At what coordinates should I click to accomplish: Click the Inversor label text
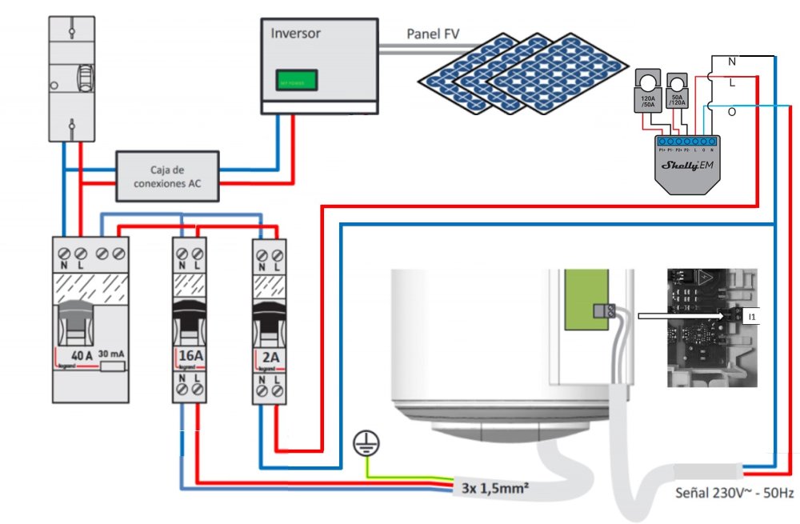[296, 34]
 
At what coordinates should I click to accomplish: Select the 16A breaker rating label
[190, 356]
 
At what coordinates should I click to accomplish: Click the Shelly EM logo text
[680, 166]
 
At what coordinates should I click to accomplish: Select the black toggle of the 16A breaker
[190, 316]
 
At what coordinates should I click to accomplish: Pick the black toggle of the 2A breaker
[268, 316]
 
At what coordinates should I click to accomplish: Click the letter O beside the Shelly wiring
[731, 113]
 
